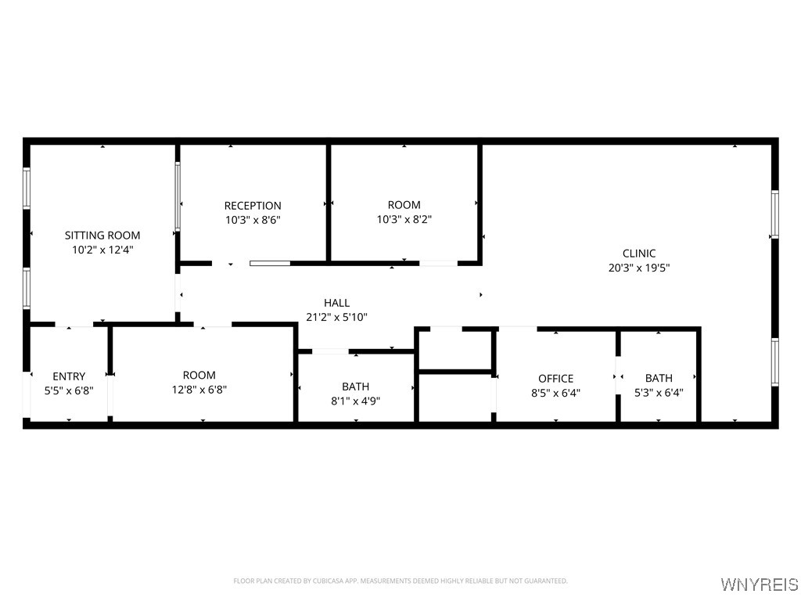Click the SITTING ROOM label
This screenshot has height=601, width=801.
tap(102, 236)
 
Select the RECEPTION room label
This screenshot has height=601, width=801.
tap(253, 206)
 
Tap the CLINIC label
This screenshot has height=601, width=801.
tap(639, 254)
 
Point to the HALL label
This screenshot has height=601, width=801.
tap(336, 303)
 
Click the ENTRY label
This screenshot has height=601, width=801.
tap(69, 376)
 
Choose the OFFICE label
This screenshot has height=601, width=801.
tap(556, 379)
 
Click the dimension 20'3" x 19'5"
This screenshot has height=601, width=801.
tap(639, 268)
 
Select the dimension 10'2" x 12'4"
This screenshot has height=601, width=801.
tap(102, 250)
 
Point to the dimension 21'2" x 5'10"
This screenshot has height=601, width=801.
tap(336, 318)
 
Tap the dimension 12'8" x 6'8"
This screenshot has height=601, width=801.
tap(199, 390)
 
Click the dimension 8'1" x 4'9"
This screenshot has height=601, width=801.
tap(356, 401)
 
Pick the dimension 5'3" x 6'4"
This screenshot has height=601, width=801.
tap(659, 393)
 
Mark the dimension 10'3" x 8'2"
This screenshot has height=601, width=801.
tap(404, 220)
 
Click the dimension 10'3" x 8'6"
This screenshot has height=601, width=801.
tap(253, 220)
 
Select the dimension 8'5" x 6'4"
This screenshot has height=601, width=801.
tap(556, 393)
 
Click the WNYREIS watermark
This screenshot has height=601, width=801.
tap(760, 584)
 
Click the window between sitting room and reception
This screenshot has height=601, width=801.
tap(178, 196)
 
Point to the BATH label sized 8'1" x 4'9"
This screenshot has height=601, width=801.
tap(356, 387)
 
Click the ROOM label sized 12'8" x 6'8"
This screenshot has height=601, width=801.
tap(199, 376)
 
